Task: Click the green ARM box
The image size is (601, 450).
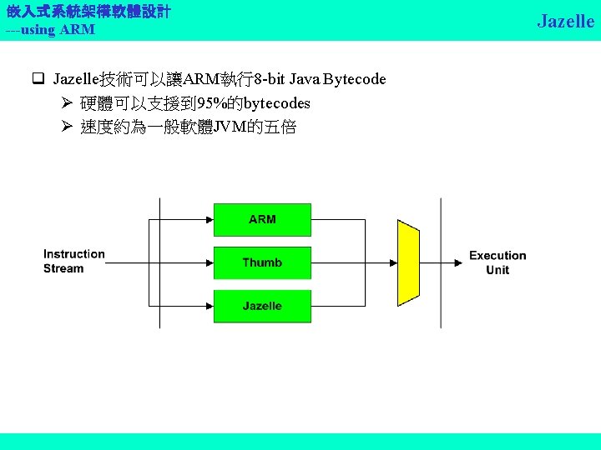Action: pos(262,219)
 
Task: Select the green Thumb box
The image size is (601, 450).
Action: pos(262,262)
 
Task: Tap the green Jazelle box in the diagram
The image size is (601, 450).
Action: pos(262,306)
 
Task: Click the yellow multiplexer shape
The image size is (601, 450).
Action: pos(408,262)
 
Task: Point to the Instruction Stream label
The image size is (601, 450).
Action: pos(74,261)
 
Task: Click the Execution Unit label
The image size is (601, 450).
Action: pos(497,262)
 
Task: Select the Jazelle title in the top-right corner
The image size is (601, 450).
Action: pos(565,21)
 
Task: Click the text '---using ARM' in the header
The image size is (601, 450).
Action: pos(50,30)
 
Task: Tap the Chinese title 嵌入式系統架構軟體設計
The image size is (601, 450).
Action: pos(88,12)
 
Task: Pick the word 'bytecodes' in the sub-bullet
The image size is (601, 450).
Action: pos(276,103)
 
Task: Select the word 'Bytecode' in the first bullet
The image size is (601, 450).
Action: pos(355,79)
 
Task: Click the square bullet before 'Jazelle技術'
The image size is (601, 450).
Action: pos(38,80)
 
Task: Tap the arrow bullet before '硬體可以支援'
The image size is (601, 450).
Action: pos(68,103)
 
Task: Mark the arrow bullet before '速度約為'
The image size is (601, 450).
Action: pos(68,127)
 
